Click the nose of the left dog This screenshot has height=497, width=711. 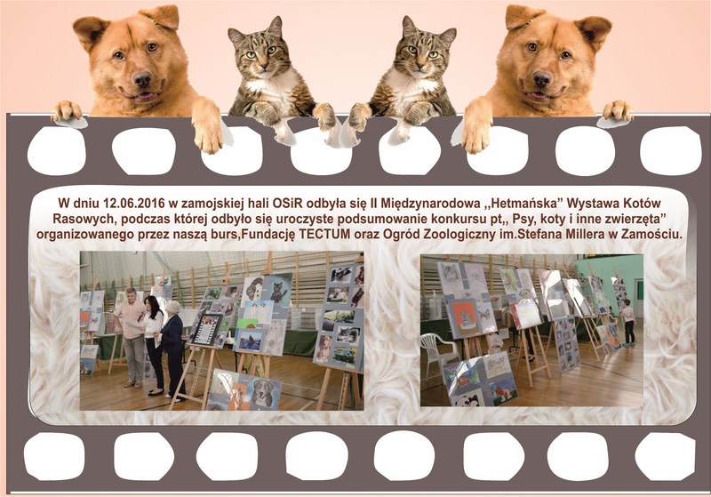pos(142,79)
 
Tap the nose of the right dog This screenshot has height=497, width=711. pos(542,79)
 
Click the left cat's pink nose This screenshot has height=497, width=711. pos(263,66)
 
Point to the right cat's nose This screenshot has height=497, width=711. pos(420,66)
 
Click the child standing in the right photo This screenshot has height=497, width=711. pos(628,322)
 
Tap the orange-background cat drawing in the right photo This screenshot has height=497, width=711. pos(463,317)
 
